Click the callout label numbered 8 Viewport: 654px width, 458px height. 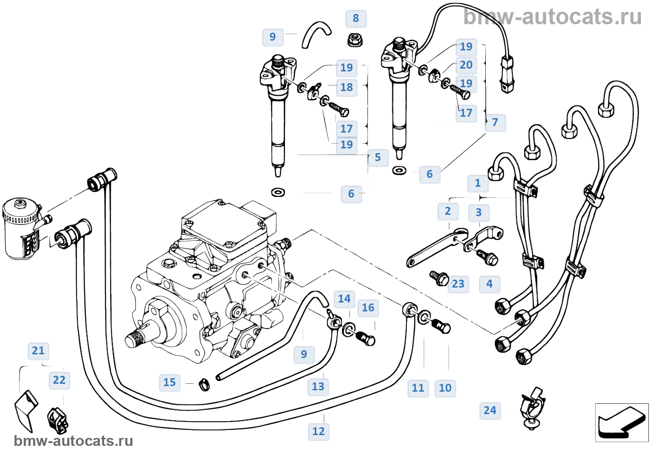[x=356, y=19]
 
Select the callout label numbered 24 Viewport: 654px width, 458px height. [x=490, y=411]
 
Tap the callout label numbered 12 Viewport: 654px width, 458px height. [x=319, y=431]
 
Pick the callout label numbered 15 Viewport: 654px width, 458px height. [x=170, y=383]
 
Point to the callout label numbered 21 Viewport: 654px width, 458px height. [x=38, y=351]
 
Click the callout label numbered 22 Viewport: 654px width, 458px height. [x=59, y=380]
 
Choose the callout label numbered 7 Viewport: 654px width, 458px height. [x=495, y=122]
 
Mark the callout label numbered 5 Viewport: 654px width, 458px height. [x=377, y=158]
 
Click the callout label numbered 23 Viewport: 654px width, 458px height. [x=458, y=284]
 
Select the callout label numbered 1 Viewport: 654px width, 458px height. [x=477, y=183]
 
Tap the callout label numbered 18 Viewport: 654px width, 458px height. [x=347, y=87]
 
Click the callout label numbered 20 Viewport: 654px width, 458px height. [x=466, y=65]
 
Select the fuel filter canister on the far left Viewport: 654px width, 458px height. [x=21, y=229]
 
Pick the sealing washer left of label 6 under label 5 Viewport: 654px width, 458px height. [x=278, y=192]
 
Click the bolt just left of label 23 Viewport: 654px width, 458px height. [x=439, y=278]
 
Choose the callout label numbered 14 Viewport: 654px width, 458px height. [x=344, y=299]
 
